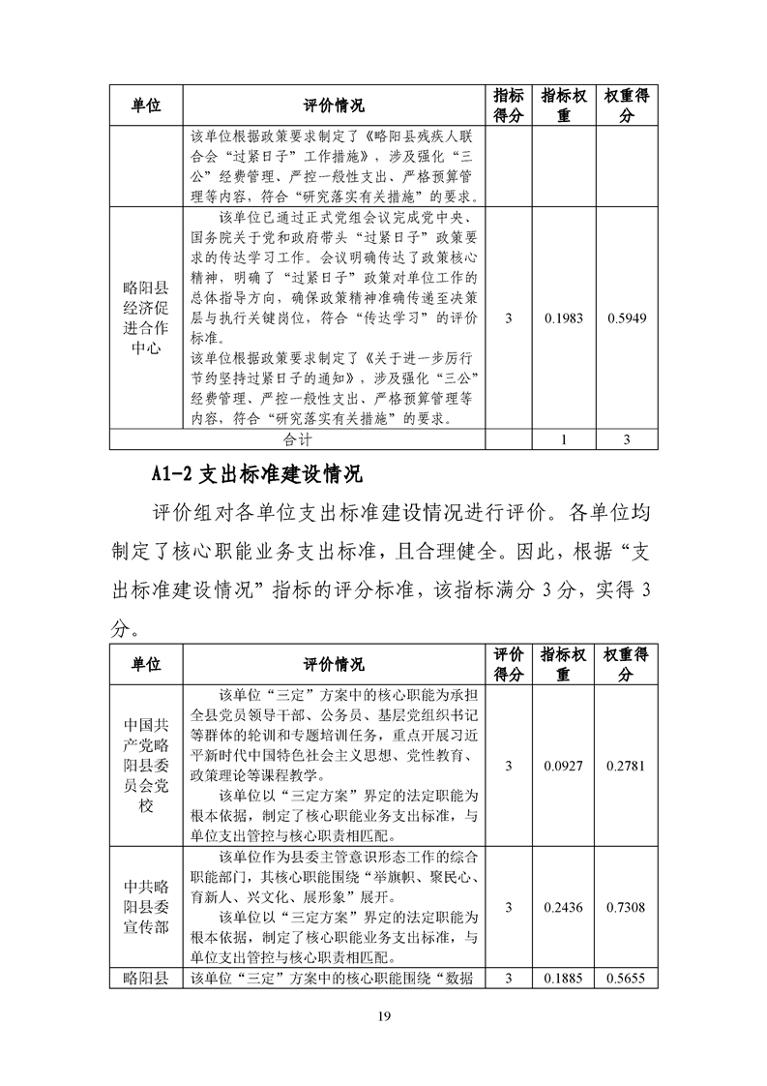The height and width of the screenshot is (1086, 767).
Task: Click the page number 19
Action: (x=383, y=1015)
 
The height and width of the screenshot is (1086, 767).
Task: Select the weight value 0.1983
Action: (x=563, y=318)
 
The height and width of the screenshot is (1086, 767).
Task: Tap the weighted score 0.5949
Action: (x=627, y=318)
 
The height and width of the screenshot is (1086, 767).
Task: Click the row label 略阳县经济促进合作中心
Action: (x=146, y=318)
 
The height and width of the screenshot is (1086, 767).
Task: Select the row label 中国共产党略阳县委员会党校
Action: (x=146, y=766)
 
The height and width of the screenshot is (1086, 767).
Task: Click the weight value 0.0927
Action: (x=563, y=766)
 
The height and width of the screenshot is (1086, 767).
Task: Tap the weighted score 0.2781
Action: (x=627, y=766)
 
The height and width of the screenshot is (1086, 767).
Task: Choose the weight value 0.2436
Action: (x=563, y=907)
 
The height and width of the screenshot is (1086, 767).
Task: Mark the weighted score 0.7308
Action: (x=627, y=907)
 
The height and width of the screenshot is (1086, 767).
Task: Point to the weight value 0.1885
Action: (x=563, y=978)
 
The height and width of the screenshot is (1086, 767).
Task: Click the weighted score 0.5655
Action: (x=627, y=978)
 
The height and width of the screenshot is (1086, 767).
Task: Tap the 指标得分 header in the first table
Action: (x=509, y=106)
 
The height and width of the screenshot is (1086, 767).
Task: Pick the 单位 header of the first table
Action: (x=146, y=106)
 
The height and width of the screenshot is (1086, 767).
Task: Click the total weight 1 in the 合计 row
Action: (x=563, y=439)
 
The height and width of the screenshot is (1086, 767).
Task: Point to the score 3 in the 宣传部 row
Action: (x=509, y=907)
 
